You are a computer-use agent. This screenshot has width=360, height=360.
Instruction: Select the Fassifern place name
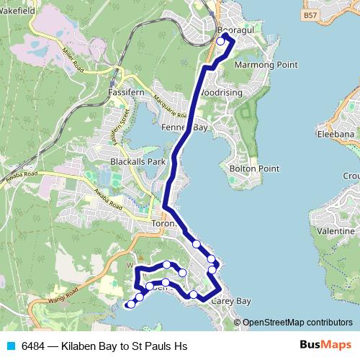pyautogui.click(x=126, y=94)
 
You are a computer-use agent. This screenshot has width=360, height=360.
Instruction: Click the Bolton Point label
pyautogui.click(x=253, y=168)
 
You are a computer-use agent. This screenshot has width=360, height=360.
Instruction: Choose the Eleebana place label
pyautogui.click(x=336, y=134)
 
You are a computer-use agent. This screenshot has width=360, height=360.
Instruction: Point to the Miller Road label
pyautogui.click(x=73, y=59)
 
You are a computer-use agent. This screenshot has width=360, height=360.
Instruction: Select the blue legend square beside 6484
pyautogui.click(x=11, y=346)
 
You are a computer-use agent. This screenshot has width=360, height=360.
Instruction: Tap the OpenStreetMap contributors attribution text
pyautogui.click(x=297, y=323)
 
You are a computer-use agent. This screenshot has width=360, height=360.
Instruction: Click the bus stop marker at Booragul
pyautogui.click(x=221, y=42)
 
